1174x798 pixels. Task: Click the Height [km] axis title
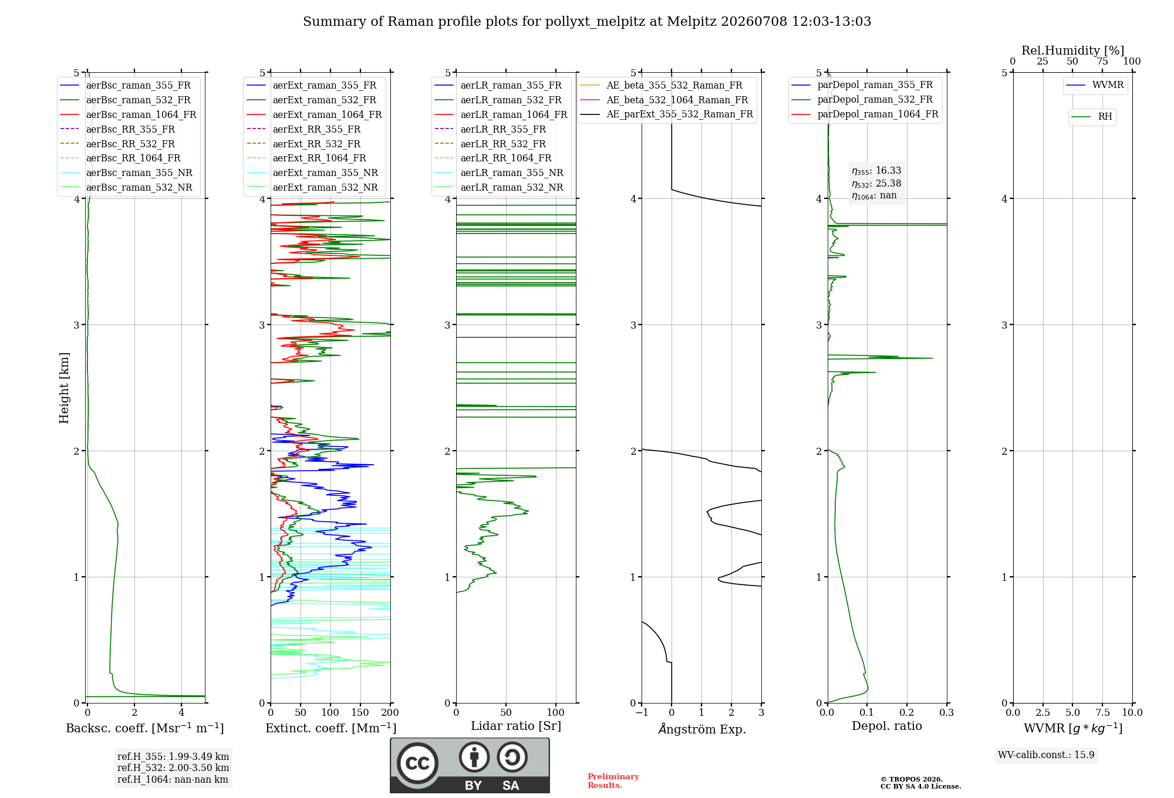[x=64, y=388]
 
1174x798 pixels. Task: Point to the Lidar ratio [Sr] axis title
[x=516, y=726]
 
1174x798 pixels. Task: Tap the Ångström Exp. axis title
[x=702, y=729]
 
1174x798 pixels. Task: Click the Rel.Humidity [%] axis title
[x=1073, y=50]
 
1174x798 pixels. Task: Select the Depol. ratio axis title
[x=887, y=726]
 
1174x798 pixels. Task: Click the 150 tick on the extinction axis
[x=360, y=712]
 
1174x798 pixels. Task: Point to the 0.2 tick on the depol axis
[x=907, y=712]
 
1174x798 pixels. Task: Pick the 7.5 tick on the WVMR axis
[x=1102, y=712]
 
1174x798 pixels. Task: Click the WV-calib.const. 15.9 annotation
[x=1046, y=755]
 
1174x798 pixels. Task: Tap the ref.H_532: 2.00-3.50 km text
[x=173, y=767]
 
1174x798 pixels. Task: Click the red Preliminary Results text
[x=613, y=781]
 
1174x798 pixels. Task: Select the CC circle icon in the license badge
[x=417, y=763]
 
